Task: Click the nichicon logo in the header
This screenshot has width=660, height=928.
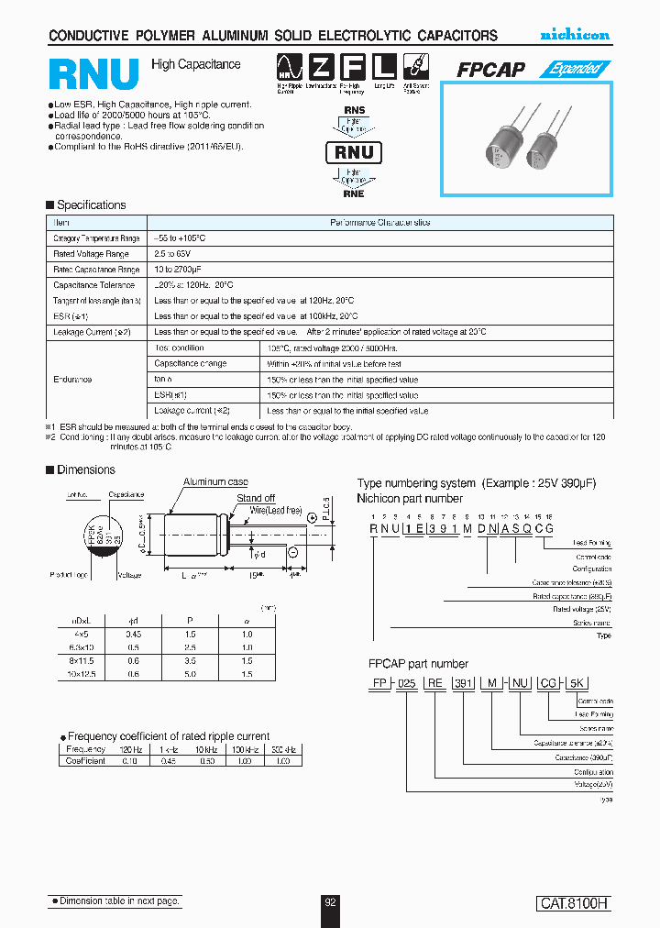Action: tap(574, 35)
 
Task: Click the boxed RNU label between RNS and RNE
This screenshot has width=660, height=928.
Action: tap(354, 152)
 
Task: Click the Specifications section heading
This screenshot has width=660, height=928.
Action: tap(91, 205)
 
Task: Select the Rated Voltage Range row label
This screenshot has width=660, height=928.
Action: tap(91, 254)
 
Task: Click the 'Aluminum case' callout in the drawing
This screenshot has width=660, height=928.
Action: tap(215, 482)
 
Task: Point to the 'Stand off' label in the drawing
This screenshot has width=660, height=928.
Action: tap(256, 499)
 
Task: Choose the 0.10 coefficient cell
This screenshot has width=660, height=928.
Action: tap(130, 760)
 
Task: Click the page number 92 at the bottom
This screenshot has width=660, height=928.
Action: tap(331, 902)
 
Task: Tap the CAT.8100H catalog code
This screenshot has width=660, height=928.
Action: tap(573, 903)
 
